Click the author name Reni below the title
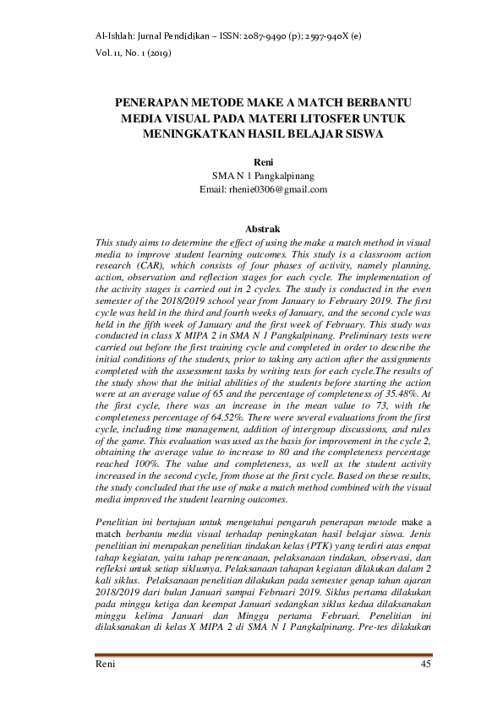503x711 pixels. pos(263,162)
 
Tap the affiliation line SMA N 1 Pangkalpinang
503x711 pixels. pos(263,176)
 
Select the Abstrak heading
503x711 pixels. pos(263,229)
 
